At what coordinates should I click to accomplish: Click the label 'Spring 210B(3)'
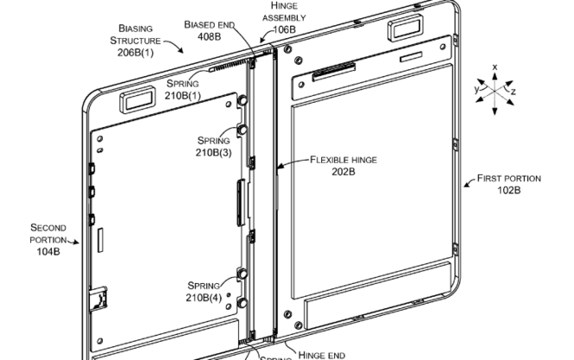[x=213, y=146]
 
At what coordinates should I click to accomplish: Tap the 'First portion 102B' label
[x=509, y=184]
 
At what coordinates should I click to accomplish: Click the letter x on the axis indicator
[x=495, y=66]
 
